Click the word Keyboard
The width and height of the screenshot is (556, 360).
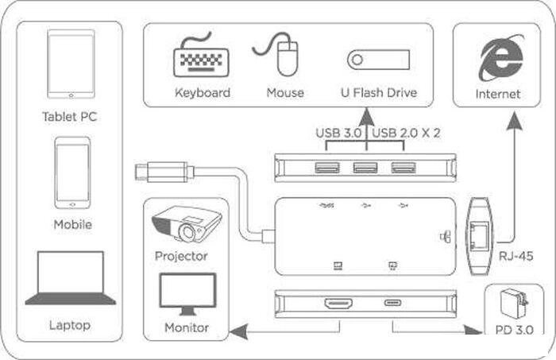pyautogui.click(x=203, y=93)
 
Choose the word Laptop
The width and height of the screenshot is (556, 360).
pyautogui.click(x=70, y=325)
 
